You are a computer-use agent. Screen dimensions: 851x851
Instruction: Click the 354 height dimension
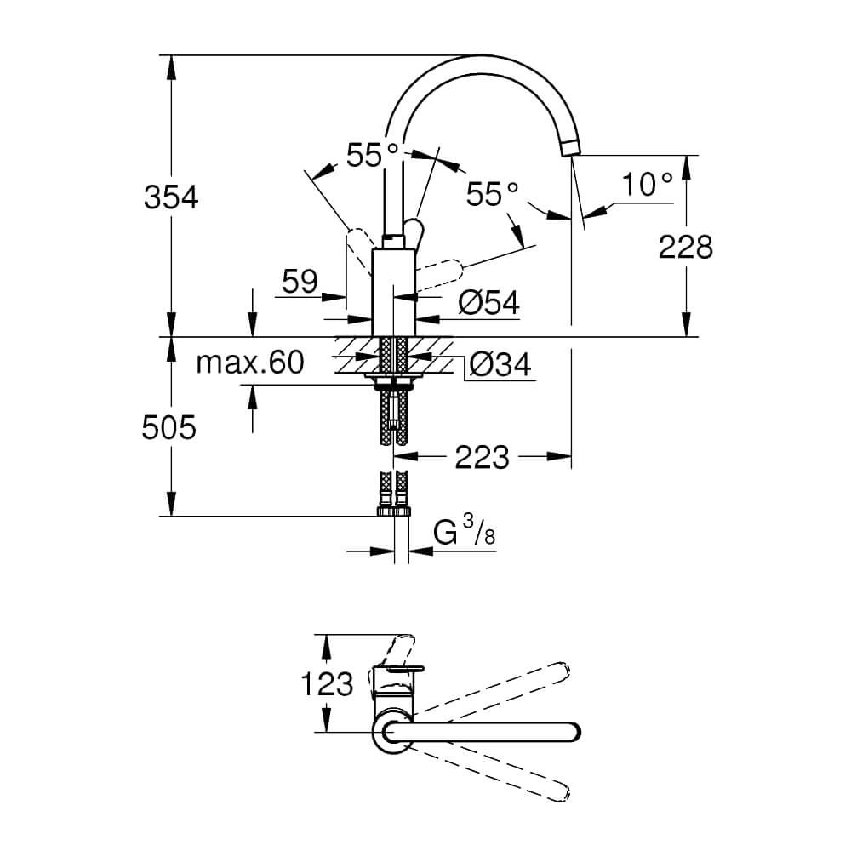171,197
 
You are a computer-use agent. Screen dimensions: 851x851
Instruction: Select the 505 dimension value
168,428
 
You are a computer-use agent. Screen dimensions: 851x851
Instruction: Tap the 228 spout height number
685,248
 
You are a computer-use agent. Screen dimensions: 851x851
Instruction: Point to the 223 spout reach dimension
482,457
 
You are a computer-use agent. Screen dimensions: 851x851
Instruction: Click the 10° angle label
647,185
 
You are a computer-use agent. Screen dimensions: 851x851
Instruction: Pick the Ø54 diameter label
489,302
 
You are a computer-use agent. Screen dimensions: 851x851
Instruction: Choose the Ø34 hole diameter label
500,364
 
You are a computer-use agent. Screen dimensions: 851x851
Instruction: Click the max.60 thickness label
249,363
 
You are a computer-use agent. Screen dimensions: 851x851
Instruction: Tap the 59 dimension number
300,282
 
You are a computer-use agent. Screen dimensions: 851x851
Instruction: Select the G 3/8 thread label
465,531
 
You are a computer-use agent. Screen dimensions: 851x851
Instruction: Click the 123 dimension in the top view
327,684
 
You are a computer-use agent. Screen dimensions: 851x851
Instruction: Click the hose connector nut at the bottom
393,511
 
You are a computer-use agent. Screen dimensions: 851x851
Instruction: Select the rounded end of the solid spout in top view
573,732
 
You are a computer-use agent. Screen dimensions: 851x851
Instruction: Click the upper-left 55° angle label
373,155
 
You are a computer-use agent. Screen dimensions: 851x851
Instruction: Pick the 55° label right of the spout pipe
492,194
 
